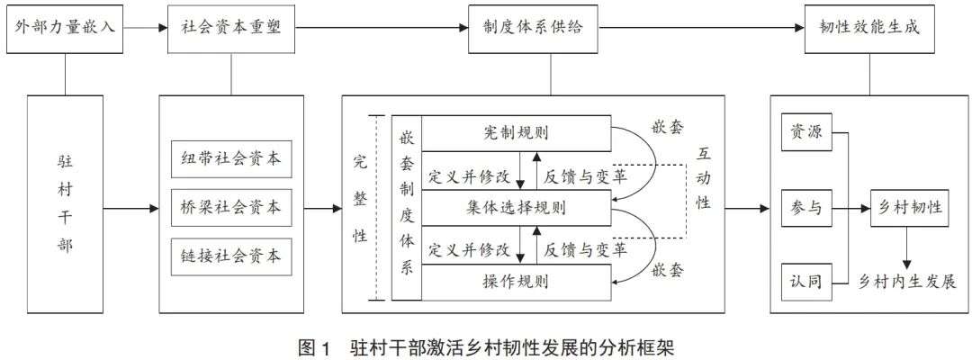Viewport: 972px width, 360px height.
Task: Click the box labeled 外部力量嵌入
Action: (65, 27)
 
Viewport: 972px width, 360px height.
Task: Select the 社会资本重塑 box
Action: (232, 27)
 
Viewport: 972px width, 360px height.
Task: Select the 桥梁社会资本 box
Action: (231, 208)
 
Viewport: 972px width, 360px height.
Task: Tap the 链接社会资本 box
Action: (231, 256)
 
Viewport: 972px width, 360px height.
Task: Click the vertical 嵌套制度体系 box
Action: (406, 207)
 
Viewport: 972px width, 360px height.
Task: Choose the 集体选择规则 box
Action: (516, 209)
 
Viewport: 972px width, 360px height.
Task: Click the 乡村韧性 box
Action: (911, 208)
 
